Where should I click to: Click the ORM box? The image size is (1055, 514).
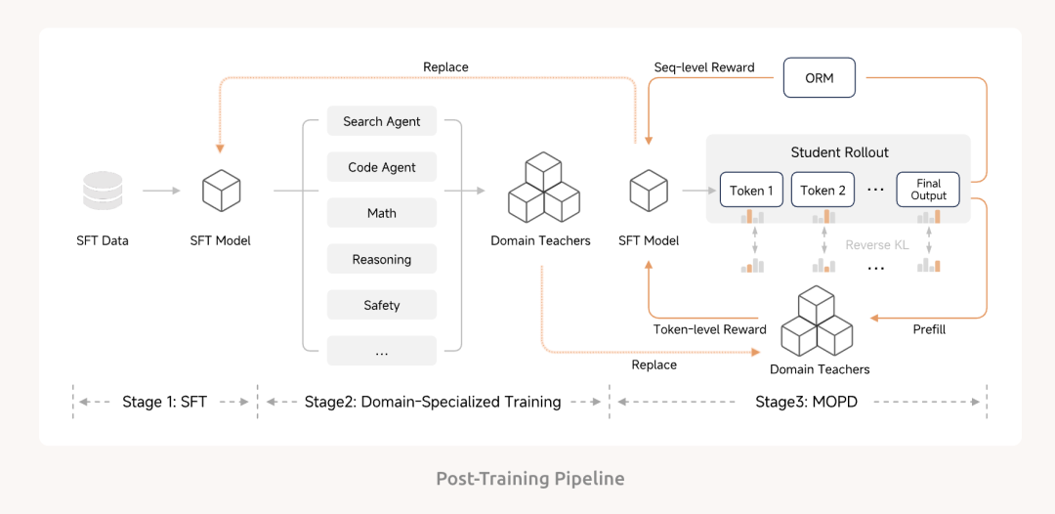tap(819, 78)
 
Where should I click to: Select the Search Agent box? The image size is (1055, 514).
tap(382, 121)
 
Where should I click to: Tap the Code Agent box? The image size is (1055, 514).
tap(382, 167)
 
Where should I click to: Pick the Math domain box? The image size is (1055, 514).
tap(382, 213)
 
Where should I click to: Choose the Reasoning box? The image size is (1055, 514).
tap(382, 259)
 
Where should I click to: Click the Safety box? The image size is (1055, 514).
tap(382, 305)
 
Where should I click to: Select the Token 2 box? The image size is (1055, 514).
tap(823, 191)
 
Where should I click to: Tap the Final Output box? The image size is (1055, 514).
tap(928, 190)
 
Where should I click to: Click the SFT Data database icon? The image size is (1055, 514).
tap(103, 191)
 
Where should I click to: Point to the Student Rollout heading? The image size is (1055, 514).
tap(839, 152)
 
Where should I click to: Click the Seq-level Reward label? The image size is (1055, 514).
tap(703, 67)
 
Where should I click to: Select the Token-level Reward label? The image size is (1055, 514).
tap(709, 329)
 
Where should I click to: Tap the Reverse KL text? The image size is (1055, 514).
tap(876, 244)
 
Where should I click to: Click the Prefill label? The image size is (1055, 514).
tap(928, 329)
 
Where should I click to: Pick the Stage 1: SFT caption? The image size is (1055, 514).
tap(164, 402)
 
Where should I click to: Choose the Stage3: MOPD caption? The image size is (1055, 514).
tap(806, 402)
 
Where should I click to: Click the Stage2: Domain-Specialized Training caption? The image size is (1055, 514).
tap(433, 402)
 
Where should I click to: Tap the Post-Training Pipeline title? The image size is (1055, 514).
tap(529, 479)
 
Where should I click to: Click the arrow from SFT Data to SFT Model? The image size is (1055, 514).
tap(161, 191)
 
